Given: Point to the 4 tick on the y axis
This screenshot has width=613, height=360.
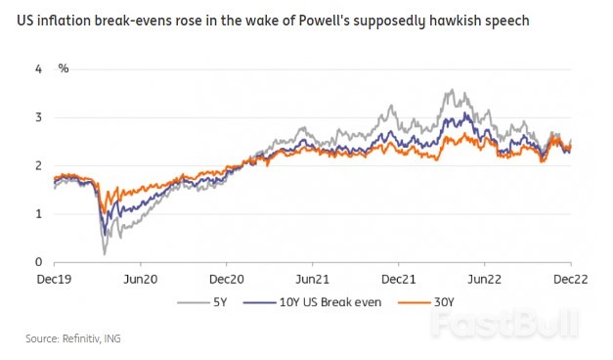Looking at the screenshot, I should point(38,69).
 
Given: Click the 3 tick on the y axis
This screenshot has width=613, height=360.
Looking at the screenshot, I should point(38,117).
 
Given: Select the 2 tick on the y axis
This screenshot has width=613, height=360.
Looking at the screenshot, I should point(38,165).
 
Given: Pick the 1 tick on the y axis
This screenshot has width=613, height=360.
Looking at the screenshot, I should point(38,213).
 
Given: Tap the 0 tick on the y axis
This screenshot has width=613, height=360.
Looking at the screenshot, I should point(38,261).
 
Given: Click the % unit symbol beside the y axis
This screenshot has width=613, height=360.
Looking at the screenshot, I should point(64,69).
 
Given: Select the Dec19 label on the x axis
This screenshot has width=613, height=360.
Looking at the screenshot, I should point(54,278).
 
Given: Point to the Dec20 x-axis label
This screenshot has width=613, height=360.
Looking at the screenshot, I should point(226,278).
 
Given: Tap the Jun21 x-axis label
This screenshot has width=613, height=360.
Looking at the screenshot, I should point(312,278).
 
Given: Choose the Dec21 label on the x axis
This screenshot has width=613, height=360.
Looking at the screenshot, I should point(398,278).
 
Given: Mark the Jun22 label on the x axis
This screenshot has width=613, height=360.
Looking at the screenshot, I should point(484,278).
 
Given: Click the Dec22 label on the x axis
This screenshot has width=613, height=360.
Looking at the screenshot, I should point(571,278).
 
